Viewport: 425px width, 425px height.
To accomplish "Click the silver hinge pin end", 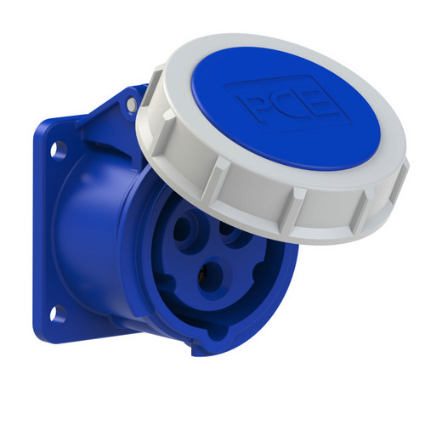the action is (x=131, y=105).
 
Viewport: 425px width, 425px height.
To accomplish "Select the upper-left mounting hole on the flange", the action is (x=58, y=150).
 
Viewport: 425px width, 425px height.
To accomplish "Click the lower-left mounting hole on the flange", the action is (x=58, y=314).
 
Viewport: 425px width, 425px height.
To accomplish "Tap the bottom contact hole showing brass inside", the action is (x=212, y=279).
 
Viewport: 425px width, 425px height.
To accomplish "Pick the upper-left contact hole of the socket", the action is (x=185, y=229).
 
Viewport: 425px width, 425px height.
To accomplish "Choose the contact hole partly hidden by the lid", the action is (x=231, y=232).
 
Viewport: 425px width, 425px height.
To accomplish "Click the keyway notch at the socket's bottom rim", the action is (x=218, y=334).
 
